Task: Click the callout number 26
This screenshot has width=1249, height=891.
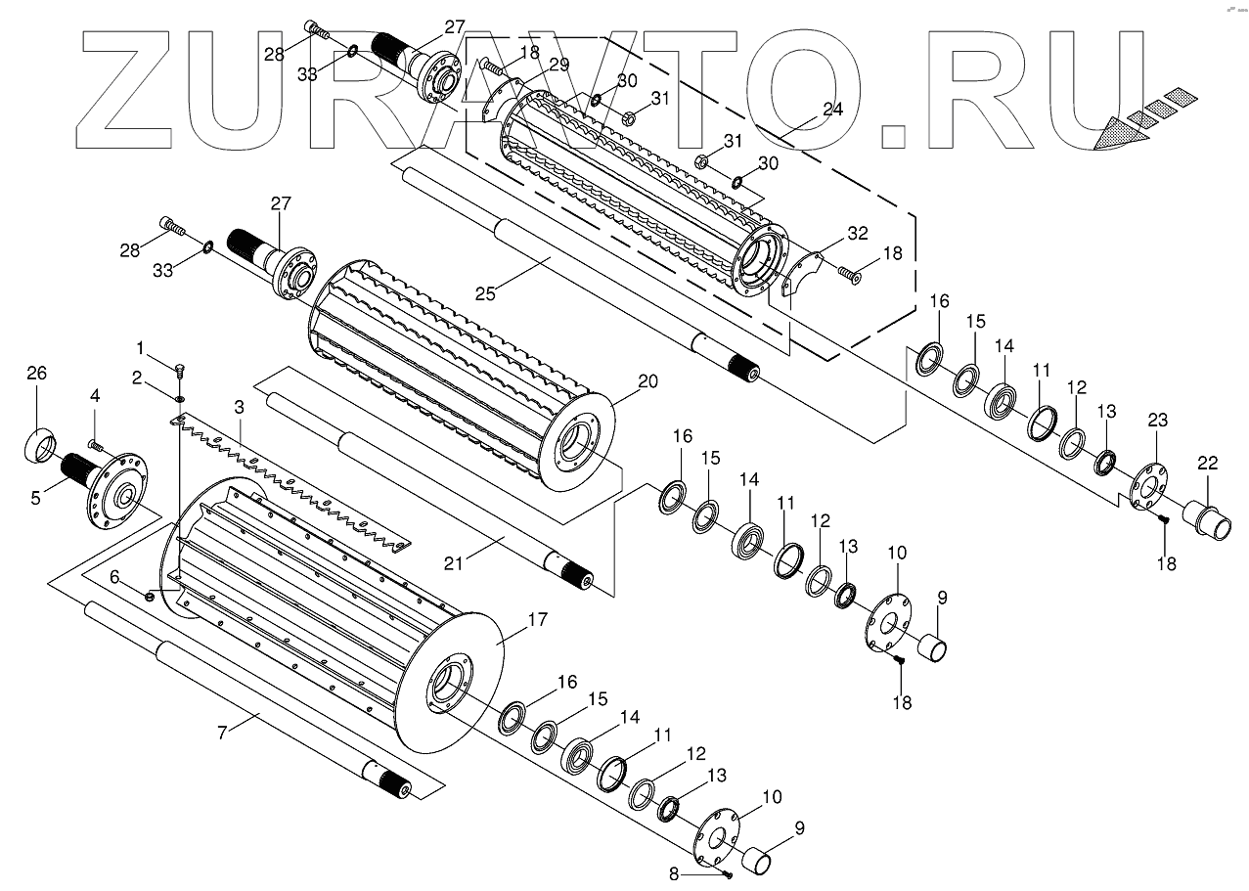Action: [36, 373]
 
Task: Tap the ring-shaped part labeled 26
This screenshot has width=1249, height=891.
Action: [40, 444]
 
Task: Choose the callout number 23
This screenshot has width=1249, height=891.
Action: [1158, 422]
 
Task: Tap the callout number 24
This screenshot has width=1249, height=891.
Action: [832, 110]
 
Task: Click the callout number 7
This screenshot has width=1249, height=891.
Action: [224, 732]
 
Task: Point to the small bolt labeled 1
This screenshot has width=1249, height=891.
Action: [179, 371]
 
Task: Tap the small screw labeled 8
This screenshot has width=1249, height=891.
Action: [729, 872]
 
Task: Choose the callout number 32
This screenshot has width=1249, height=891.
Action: [858, 233]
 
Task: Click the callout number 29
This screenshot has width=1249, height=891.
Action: [558, 65]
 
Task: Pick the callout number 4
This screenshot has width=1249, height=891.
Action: [95, 396]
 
